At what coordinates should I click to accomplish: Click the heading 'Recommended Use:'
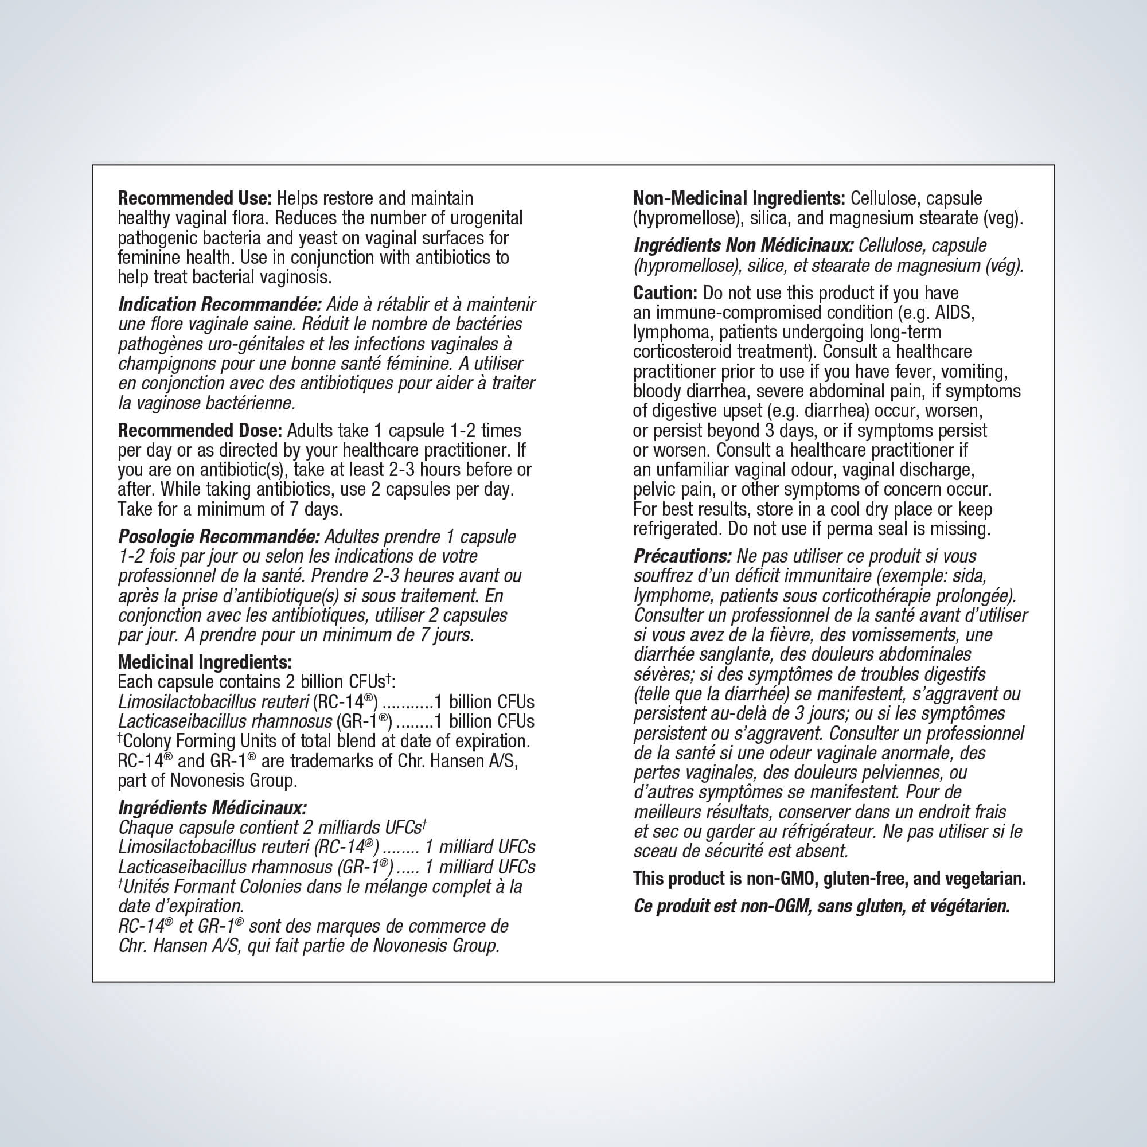[x=195, y=198]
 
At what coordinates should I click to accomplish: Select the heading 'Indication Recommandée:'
[x=220, y=305]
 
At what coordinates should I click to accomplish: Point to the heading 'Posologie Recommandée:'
[x=219, y=537]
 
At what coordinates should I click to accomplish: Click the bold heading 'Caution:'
[x=665, y=292]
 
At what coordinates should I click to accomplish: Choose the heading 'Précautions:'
[x=682, y=556]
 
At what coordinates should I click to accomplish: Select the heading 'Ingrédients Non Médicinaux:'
[x=743, y=245]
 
